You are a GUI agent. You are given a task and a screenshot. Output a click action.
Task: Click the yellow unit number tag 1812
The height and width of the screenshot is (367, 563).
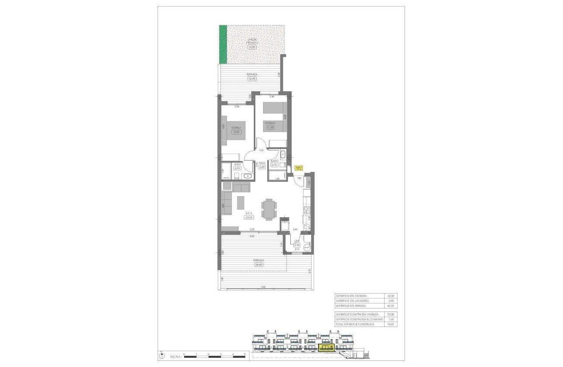point(299,168)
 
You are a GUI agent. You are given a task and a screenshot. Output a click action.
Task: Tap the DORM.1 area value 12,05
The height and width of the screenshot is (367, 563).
point(236,132)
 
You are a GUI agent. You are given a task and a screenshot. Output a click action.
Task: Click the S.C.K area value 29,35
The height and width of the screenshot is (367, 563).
point(249,217)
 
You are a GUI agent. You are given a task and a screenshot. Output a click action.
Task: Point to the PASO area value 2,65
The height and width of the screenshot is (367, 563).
point(262,167)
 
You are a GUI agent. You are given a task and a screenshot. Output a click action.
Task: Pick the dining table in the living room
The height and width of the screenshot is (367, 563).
point(268,208)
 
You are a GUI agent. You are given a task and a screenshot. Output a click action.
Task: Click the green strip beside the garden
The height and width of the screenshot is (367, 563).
point(223,44)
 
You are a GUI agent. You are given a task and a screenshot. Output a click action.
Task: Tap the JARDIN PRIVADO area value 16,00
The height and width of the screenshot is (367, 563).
point(251,46)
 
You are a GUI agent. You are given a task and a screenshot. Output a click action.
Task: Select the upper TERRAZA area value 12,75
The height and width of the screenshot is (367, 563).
point(252,79)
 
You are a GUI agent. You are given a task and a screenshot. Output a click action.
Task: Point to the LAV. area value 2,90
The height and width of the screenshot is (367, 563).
point(297,245)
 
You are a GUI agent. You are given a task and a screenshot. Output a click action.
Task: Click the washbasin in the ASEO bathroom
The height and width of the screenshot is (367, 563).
point(248,176)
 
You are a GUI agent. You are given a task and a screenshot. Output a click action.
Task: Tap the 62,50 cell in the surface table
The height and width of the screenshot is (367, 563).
point(390,296)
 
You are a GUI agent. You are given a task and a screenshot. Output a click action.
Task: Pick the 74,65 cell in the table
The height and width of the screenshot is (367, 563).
point(390,325)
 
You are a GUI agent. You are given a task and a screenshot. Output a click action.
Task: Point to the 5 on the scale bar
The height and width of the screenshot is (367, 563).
point(244,354)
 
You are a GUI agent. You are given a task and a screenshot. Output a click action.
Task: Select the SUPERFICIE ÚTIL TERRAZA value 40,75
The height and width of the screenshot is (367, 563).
point(390,305)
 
